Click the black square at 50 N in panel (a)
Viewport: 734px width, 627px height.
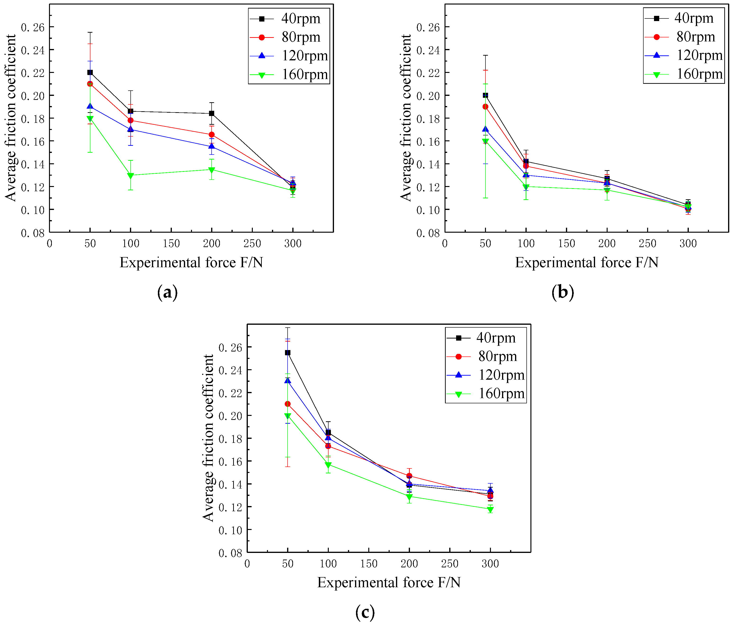[90, 72]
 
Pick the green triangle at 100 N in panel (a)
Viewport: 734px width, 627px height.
[130, 175]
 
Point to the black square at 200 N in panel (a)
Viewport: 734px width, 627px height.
[211, 113]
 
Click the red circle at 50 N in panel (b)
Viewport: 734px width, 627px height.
[485, 107]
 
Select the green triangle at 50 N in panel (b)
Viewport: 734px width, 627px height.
[485, 141]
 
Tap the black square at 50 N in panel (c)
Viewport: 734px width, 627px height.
[288, 352]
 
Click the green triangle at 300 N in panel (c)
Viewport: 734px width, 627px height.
[490, 509]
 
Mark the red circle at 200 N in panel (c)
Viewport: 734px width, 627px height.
[409, 476]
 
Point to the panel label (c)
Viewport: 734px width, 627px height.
[365, 612]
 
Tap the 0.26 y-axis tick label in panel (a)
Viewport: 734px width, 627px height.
[33, 27]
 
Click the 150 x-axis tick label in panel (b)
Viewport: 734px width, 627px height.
[566, 243]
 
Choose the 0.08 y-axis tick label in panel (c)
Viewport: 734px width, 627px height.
[230, 553]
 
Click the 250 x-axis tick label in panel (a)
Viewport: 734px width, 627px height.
[252, 243]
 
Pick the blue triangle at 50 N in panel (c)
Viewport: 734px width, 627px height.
[288, 380]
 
